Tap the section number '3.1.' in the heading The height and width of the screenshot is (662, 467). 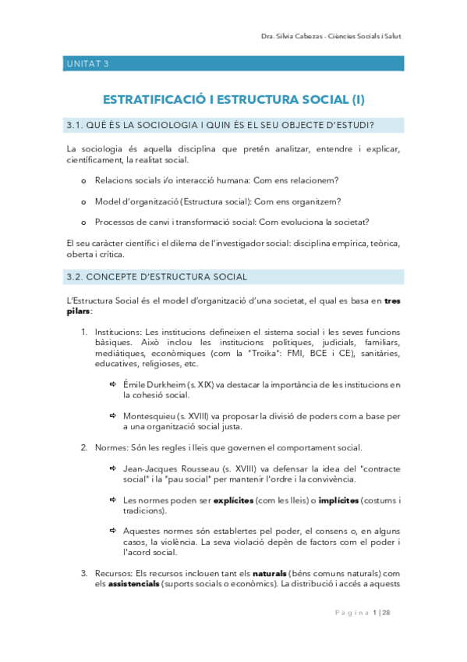tap(76, 126)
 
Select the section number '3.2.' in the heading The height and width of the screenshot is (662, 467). tap(76, 276)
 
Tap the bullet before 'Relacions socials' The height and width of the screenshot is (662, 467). tap(84, 180)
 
